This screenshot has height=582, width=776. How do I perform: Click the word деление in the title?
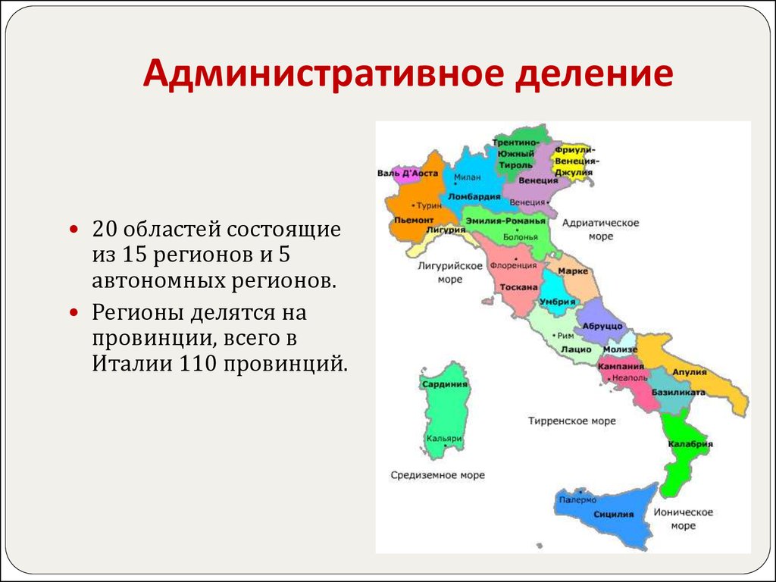click(x=584, y=76)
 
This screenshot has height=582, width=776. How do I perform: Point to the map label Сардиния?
click(x=445, y=384)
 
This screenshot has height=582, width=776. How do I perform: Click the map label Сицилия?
click(x=613, y=514)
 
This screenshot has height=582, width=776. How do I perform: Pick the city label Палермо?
click(x=577, y=500)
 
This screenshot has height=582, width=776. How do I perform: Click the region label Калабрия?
click(x=691, y=444)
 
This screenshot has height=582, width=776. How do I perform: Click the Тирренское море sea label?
click(x=572, y=421)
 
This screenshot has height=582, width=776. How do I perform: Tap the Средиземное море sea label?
click(x=437, y=475)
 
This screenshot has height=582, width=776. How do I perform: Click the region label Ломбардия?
click(x=474, y=196)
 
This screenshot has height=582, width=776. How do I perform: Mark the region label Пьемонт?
click(x=413, y=219)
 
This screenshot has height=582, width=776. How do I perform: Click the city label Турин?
click(x=429, y=205)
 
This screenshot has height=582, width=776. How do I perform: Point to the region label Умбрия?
click(x=555, y=302)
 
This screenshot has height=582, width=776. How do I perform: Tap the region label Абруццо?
click(x=603, y=326)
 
